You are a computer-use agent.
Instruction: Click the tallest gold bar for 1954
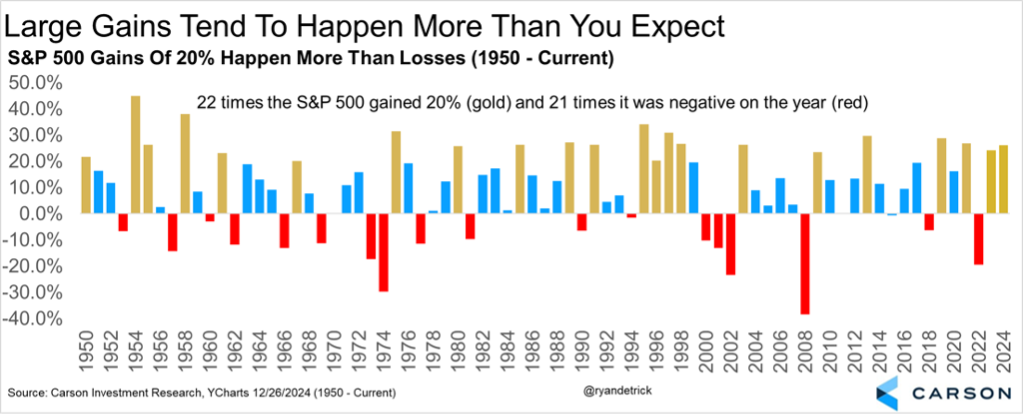tap(135, 154)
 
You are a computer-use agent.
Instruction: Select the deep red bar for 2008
tap(804, 264)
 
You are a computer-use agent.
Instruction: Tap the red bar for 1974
tap(384, 252)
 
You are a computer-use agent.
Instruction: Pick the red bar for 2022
tap(979, 239)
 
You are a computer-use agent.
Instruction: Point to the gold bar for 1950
tap(86, 185)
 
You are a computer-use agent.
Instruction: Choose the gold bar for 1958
tap(185, 163)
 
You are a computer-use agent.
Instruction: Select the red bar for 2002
tap(730, 244)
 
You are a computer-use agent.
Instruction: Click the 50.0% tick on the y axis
tap(36, 83)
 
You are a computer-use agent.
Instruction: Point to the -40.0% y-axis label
tap(34, 319)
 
